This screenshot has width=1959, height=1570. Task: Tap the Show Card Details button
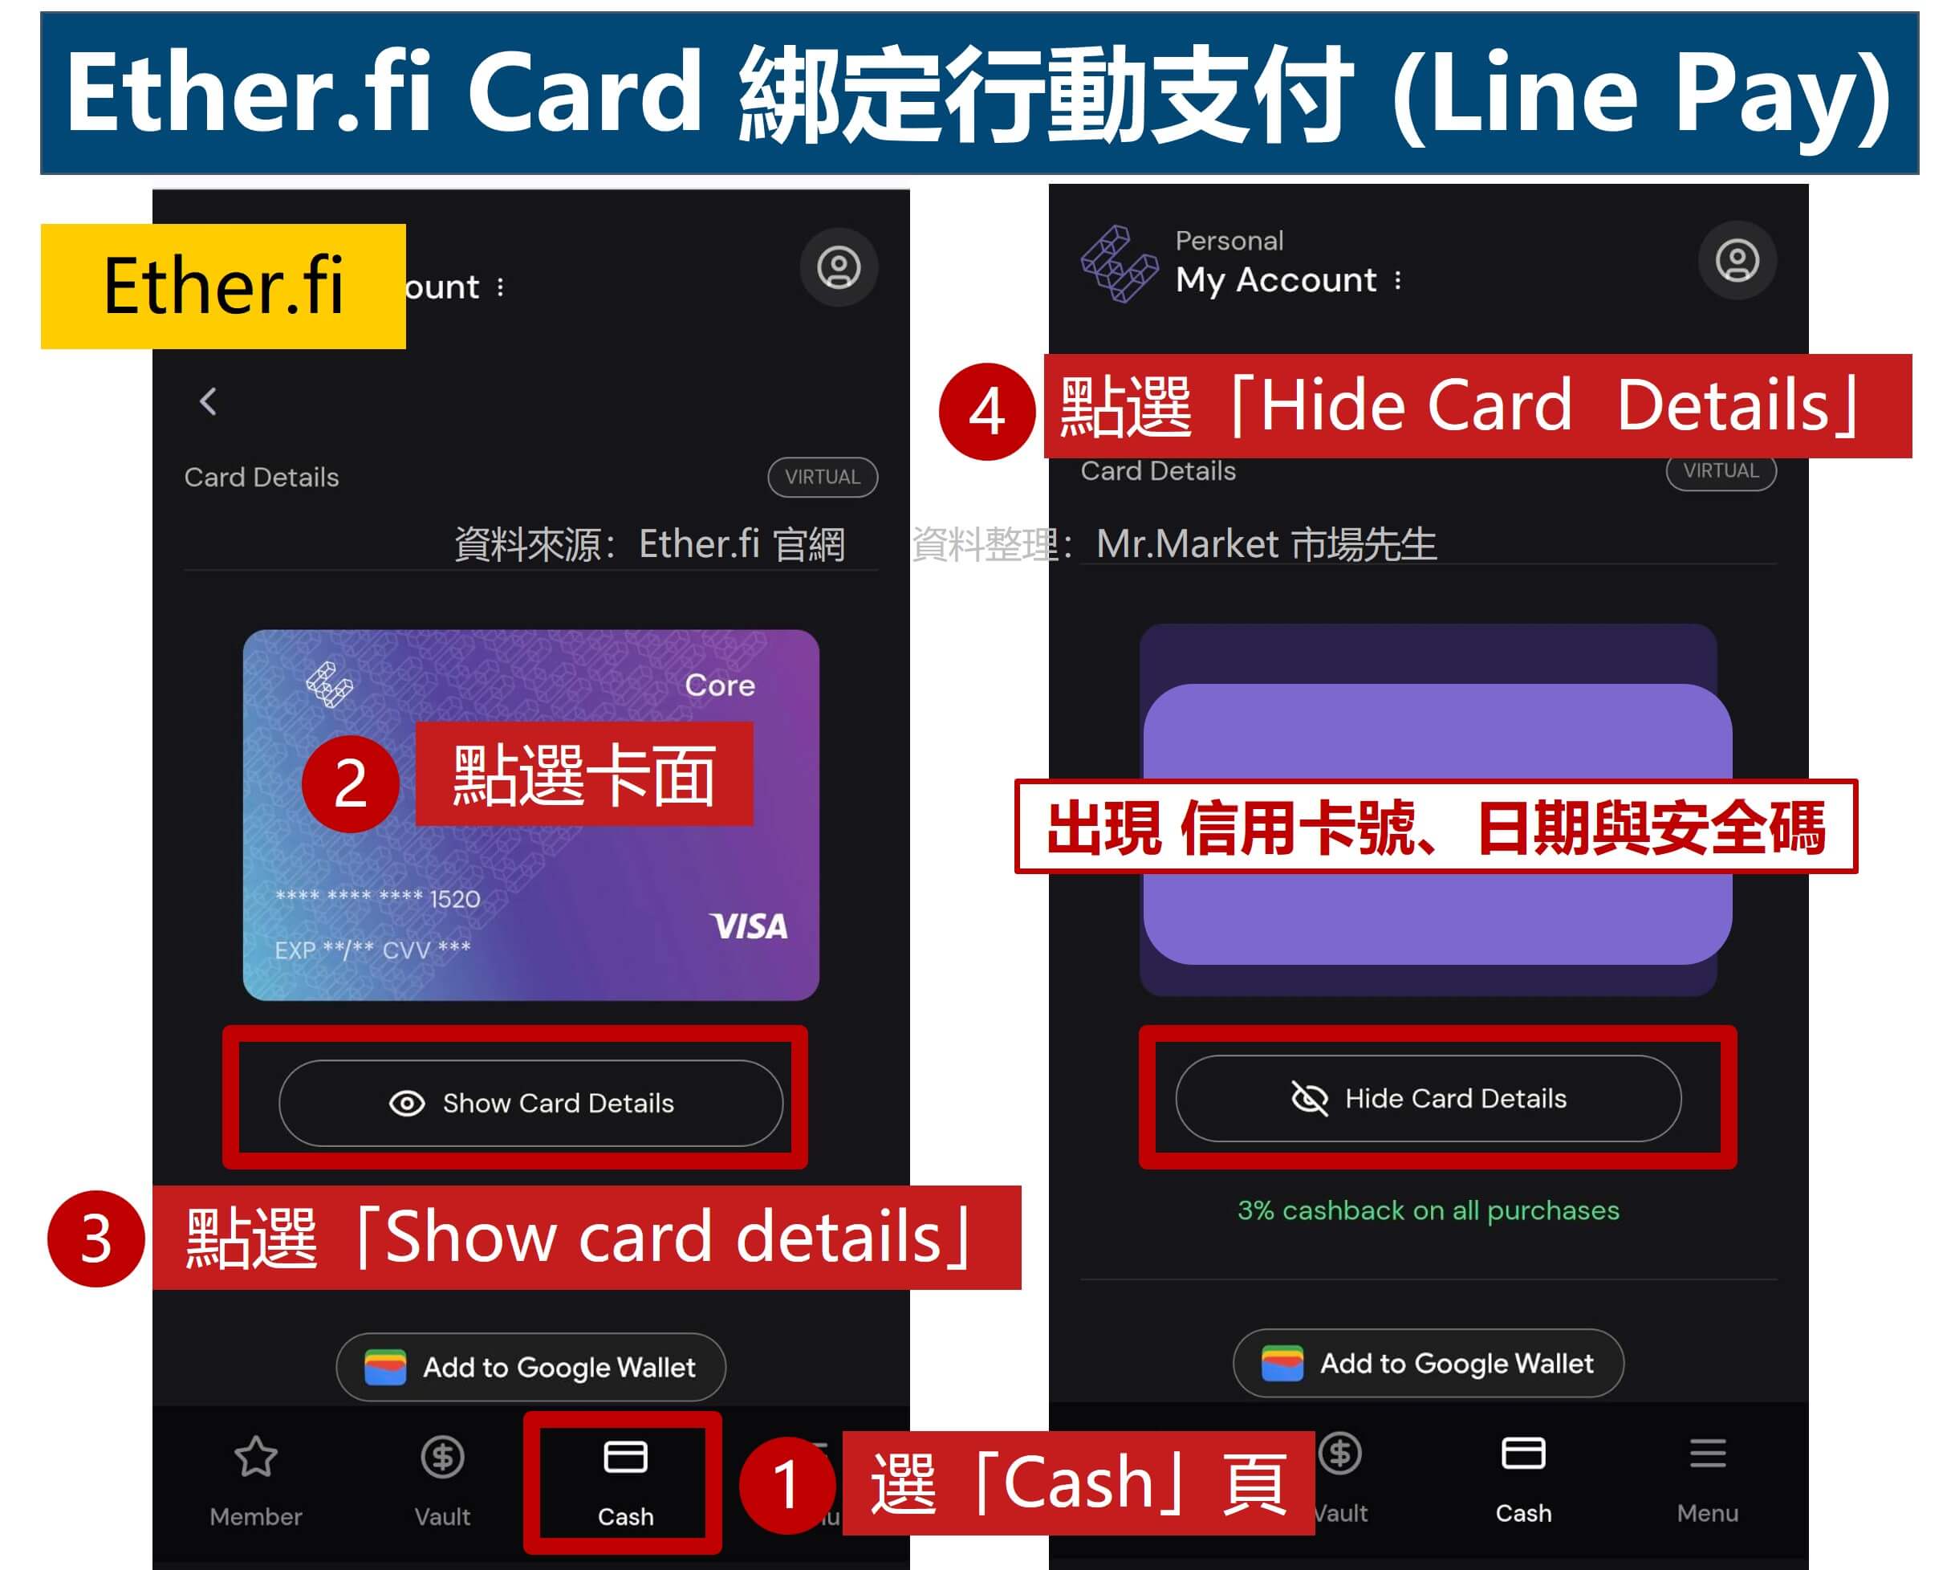coord(530,1103)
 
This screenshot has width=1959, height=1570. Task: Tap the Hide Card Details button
coord(1428,1099)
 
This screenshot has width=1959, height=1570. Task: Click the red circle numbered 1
coord(786,1485)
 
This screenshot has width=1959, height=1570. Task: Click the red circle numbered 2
coord(350,783)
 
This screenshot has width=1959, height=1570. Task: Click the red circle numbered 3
coord(96,1239)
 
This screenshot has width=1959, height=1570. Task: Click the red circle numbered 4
coord(987,412)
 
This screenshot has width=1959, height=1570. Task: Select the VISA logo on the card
coord(749,927)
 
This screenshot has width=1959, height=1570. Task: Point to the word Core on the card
coord(720,685)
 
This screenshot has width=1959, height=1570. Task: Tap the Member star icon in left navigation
coord(256,1457)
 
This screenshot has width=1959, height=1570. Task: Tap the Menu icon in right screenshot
coord(1707,1454)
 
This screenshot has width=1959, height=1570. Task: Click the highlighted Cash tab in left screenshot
coord(625,1481)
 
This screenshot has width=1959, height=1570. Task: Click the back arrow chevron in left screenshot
coord(208,401)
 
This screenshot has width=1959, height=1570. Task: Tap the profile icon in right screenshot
coord(1737,261)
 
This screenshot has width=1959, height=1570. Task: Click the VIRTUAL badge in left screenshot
coord(823,477)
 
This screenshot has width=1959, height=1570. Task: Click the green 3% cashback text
coord(1428,1210)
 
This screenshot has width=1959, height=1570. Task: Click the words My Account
coord(1276,280)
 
